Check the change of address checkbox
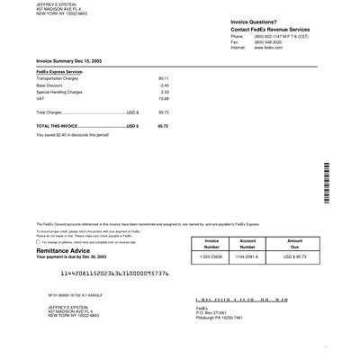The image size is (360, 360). pyautogui.click(x=39, y=242)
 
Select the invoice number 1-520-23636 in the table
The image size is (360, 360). pyautogui.click(x=211, y=257)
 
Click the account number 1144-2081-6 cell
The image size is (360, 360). pyautogui.click(x=247, y=257)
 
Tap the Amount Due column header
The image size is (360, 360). pyautogui.click(x=294, y=244)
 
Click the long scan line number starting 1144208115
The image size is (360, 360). pyautogui.click(x=108, y=272)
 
